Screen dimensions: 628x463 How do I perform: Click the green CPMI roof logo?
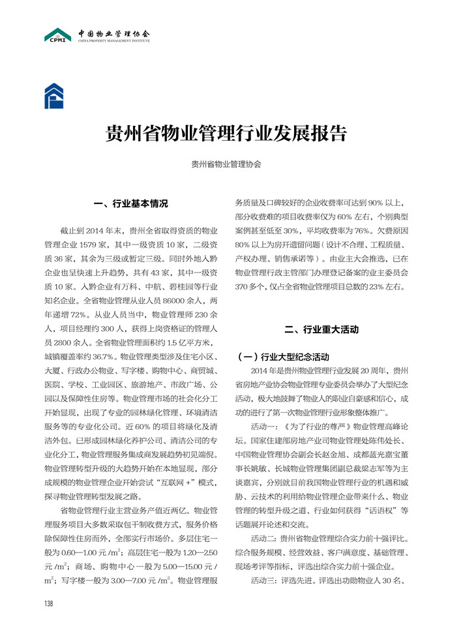(x=57, y=34)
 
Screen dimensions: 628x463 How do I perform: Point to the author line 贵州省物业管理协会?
(x=226, y=165)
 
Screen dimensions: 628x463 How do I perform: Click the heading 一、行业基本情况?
(x=131, y=203)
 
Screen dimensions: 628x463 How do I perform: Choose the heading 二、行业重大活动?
(x=322, y=329)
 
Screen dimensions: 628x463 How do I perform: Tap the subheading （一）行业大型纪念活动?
(x=286, y=357)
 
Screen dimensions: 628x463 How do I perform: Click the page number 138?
(x=48, y=603)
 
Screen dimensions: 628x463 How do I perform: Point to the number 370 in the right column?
(x=244, y=287)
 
